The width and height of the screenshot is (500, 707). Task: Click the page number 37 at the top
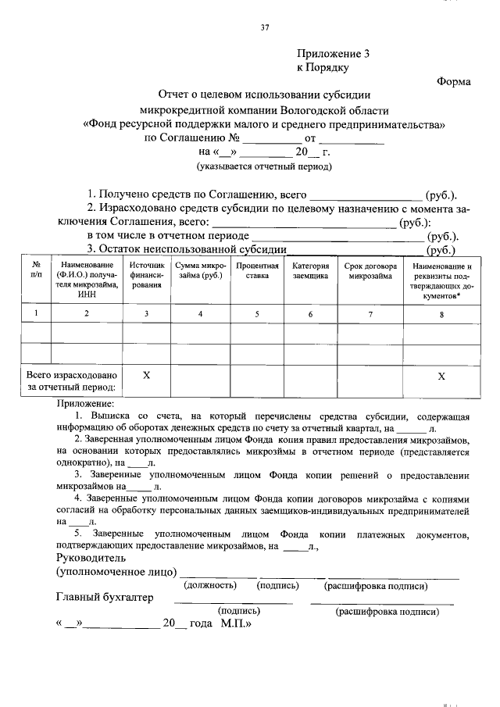(x=264, y=29)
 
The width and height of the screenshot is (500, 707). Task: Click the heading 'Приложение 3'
(x=332, y=54)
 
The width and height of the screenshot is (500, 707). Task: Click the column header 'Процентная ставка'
(x=258, y=270)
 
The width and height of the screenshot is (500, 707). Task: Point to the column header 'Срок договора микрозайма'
(x=370, y=270)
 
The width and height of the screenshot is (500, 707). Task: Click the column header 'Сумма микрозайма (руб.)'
(x=200, y=270)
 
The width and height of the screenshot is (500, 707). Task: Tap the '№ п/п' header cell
(x=36, y=270)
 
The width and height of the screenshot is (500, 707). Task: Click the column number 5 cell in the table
(x=258, y=313)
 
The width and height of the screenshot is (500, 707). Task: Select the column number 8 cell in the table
(x=441, y=314)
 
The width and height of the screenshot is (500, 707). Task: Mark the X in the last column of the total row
(x=441, y=376)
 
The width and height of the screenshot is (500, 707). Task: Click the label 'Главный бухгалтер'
(x=105, y=598)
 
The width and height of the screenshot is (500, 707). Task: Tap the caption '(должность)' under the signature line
(x=209, y=585)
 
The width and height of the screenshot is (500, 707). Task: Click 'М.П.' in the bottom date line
(x=235, y=625)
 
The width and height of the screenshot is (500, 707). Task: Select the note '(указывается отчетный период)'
(x=263, y=166)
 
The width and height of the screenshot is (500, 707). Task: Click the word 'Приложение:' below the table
(x=85, y=404)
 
